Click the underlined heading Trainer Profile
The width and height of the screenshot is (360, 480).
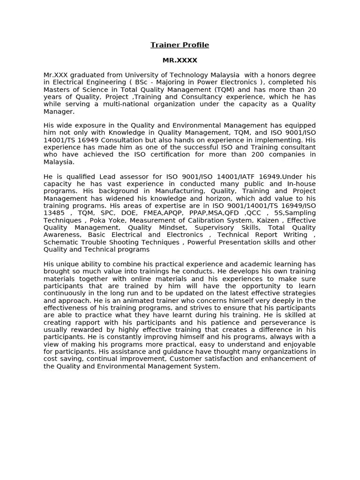(180, 45)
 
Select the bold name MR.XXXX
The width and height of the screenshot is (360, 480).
(180, 60)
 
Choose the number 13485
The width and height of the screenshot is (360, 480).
(54, 213)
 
